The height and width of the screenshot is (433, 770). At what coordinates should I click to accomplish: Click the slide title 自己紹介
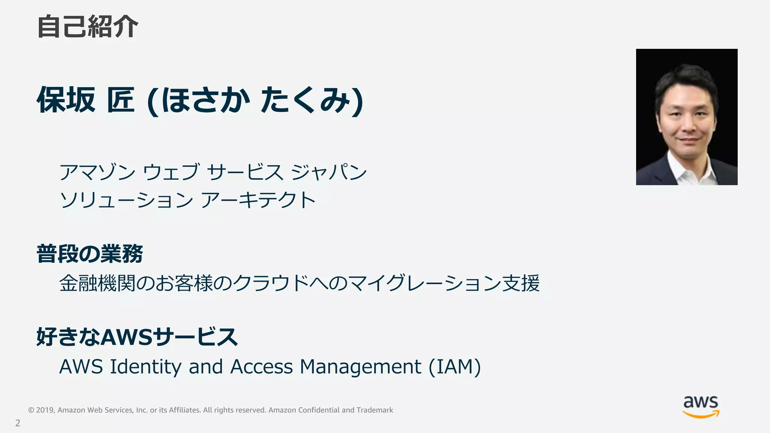click(88, 27)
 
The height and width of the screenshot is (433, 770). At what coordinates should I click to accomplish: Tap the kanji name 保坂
click(66, 100)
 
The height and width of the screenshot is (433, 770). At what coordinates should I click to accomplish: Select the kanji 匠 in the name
click(121, 100)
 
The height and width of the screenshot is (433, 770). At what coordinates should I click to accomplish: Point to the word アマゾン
click(97, 172)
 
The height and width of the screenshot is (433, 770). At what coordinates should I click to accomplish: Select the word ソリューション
click(126, 200)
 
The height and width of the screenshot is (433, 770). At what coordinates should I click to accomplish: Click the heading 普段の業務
click(89, 254)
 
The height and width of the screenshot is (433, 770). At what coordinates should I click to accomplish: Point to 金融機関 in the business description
click(97, 283)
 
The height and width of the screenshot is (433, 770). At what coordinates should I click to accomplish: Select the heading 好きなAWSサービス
click(137, 336)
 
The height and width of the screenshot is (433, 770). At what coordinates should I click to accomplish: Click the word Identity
click(146, 367)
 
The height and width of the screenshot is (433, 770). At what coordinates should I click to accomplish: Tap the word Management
click(360, 367)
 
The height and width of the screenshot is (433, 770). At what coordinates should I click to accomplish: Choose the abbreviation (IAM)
click(455, 367)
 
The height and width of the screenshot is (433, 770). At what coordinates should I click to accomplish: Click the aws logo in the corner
click(701, 407)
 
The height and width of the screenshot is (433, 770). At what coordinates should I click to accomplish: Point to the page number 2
click(18, 423)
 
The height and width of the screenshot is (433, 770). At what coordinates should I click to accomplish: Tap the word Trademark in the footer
click(374, 410)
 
